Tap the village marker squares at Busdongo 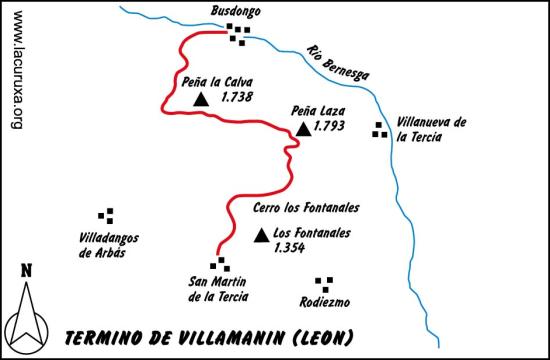coord(238,33)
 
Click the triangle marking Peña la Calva coord(201,99)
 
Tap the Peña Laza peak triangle coord(303,129)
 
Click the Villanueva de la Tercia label coord(432,130)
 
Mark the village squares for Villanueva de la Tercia coord(379,128)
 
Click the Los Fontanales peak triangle coord(261,235)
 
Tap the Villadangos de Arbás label coord(108,245)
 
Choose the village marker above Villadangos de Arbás coord(105,214)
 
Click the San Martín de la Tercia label coord(218,288)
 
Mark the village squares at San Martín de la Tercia coord(220,264)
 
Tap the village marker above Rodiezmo coord(323,283)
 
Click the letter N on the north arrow coord(26,270)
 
